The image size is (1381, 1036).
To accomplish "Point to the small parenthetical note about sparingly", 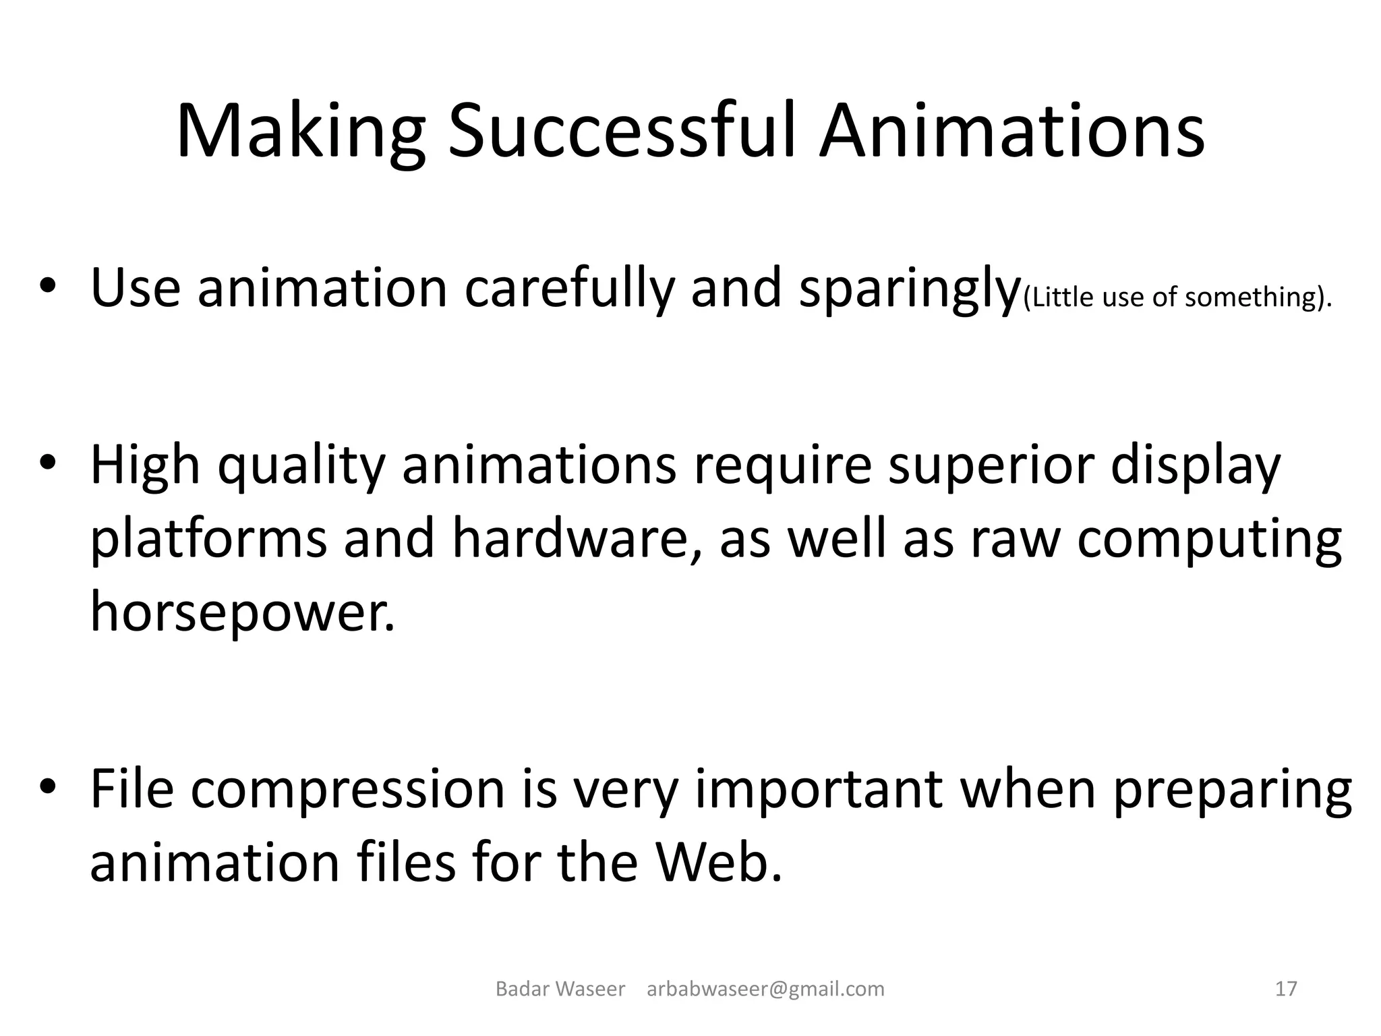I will [x=1177, y=297].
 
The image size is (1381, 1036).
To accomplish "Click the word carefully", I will [x=570, y=290].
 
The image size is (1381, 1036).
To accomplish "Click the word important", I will [x=819, y=789].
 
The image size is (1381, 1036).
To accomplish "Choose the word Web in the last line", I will [x=718, y=862].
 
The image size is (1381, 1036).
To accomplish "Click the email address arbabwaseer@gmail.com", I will [x=765, y=989].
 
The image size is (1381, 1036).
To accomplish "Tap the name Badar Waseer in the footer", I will [x=560, y=989].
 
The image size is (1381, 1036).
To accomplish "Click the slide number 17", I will [x=1286, y=989].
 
